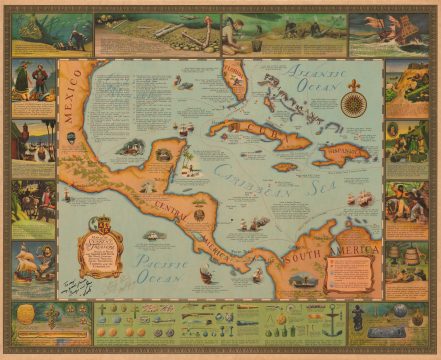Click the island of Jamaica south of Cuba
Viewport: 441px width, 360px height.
coord(285,167)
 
